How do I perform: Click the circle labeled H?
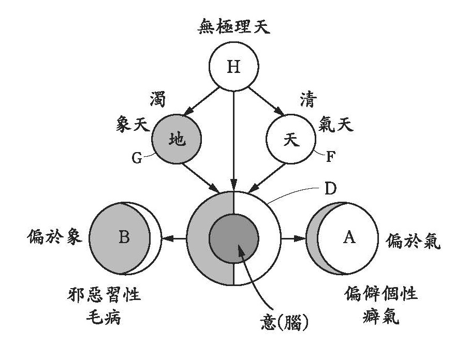click(x=234, y=67)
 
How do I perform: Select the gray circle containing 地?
click(x=177, y=139)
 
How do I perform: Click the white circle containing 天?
click(x=291, y=139)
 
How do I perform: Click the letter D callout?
click(x=330, y=188)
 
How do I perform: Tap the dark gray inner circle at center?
click(x=234, y=238)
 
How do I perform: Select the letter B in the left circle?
click(x=124, y=238)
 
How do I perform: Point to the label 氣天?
click(x=336, y=125)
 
